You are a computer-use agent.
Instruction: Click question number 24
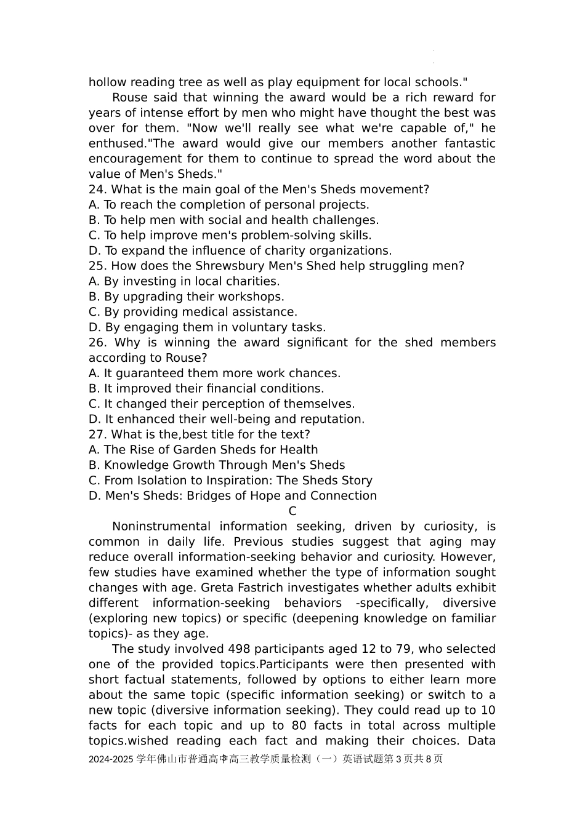pyautogui.click(x=97, y=190)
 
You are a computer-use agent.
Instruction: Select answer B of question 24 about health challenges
pyautogui.click(x=233, y=220)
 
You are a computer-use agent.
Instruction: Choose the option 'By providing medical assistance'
pyautogui.click(x=193, y=312)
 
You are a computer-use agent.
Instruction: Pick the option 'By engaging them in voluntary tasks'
pyautogui.click(x=207, y=327)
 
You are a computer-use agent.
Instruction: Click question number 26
pyautogui.click(x=97, y=343)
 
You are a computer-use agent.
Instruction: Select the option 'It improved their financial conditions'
pyautogui.click(x=206, y=389)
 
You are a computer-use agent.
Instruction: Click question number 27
pyautogui.click(x=97, y=434)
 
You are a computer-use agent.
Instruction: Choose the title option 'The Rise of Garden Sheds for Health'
pyautogui.click(x=203, y=450)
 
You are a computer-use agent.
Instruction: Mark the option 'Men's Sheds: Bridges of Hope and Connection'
pyautogui.click(x=232, y=496)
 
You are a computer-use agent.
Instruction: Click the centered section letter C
pyautogui.click(x=292, y=511)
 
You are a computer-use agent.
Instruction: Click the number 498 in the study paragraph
pyautogui.click(x=240, y=649)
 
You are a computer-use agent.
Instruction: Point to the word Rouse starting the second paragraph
pyautogui.click(x=130, y=98)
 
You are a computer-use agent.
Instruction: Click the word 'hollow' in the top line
pyautogui.click(x=107, y=82)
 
